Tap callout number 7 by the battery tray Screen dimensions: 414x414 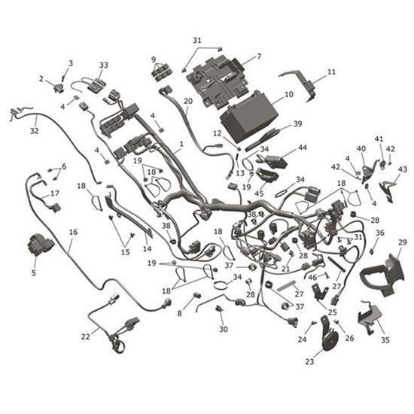[x=259, y=56]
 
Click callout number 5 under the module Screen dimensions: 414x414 [x=34, y=273]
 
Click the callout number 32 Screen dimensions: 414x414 [x=34, y=130]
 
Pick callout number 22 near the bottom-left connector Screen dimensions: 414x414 [x=85, y=336]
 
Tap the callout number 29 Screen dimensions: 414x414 [x=403, y=242]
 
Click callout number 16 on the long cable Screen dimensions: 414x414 [x=73, y=233]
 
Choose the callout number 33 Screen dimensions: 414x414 [x=104, y=65]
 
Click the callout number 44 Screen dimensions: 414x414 [x=303, y=148]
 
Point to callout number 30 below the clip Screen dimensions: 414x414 [x=223, y=330]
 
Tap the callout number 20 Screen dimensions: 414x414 [x=188, y=101]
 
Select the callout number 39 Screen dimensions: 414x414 [x=297, y=124]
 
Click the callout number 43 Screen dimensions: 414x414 [x=403, y=169]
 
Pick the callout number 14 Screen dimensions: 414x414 [x=148, y=248]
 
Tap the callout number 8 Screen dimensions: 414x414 [x=179, y=312]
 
